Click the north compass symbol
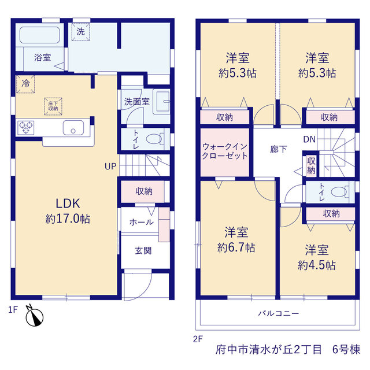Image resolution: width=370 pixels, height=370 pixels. [35, 317]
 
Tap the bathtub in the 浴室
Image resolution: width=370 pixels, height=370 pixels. [40, 35]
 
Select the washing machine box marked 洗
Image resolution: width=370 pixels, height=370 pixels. [81, 32]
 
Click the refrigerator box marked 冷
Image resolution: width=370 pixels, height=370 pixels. [25, 84]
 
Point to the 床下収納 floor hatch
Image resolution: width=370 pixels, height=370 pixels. [53, 106]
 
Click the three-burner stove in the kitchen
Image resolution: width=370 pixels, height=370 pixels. [25, 128]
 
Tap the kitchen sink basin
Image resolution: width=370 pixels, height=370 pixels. [73, 128]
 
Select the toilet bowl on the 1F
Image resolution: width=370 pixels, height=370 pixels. [155, 139]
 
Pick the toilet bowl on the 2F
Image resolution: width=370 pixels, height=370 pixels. [339, 191]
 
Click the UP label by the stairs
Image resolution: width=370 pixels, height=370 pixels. [110, 166]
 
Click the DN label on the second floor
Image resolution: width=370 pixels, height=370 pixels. [309, 139]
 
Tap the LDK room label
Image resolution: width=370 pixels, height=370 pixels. [68, 203]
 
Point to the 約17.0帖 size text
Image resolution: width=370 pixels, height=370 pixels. [68, 219]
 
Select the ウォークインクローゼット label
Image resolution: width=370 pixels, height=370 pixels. [225, 151]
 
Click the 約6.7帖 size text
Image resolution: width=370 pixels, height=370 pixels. [236, 248]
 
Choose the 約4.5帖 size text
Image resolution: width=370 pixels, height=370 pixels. [317, 265]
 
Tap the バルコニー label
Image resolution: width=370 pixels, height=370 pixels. [279, 313]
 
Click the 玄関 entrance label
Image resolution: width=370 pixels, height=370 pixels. [143, 250]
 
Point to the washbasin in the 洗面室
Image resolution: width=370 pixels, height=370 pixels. [162, 102]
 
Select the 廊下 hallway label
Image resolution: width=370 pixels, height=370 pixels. [279, 149]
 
